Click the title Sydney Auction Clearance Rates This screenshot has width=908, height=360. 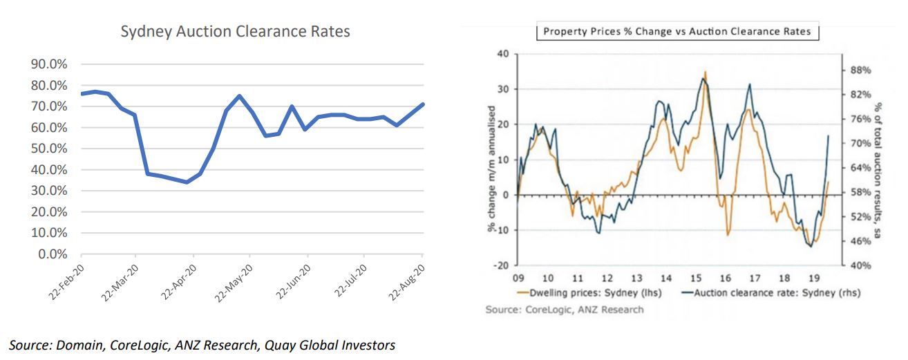pos(235,32)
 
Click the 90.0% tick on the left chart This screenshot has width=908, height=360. pos(49,64)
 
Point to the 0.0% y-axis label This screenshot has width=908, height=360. pos(52,254)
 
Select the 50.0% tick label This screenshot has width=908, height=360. pos(49,149)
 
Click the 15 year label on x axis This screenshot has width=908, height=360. pos(695,278)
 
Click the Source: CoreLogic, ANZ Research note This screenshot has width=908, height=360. pos(564,310)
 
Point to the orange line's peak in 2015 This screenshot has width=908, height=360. pos(705,72)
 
